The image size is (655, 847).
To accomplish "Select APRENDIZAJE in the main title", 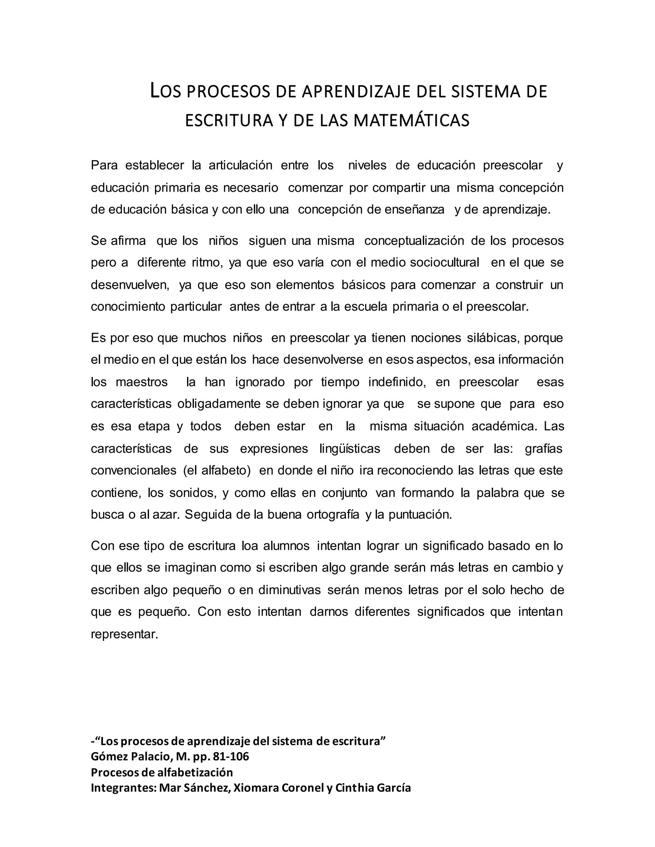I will point(356,91).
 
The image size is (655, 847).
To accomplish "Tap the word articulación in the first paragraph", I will point(241,165).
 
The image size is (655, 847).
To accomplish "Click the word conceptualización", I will point(414,241).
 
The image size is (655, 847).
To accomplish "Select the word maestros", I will point(142,382).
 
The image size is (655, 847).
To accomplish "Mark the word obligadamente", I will point(219,404).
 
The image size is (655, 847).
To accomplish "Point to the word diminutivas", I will point(289,590).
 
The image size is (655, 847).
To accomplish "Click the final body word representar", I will point(124,634).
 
